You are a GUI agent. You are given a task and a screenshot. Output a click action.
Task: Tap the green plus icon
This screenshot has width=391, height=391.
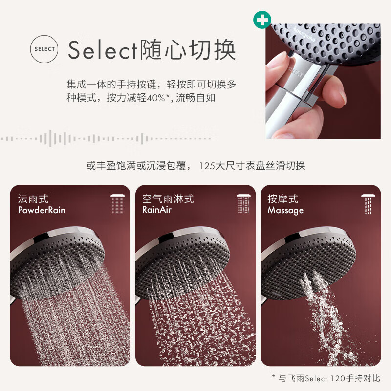262,20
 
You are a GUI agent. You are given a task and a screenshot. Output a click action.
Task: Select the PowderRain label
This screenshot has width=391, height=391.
42,211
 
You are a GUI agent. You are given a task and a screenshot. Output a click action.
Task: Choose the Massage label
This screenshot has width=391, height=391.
285,211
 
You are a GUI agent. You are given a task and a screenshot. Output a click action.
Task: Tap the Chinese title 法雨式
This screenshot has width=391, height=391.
33,199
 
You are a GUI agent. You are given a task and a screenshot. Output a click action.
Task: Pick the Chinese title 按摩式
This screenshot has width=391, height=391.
282,199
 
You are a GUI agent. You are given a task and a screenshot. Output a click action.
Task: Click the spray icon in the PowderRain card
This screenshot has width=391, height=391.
118,204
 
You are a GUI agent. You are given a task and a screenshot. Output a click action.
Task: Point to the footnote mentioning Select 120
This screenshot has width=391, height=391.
326,378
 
